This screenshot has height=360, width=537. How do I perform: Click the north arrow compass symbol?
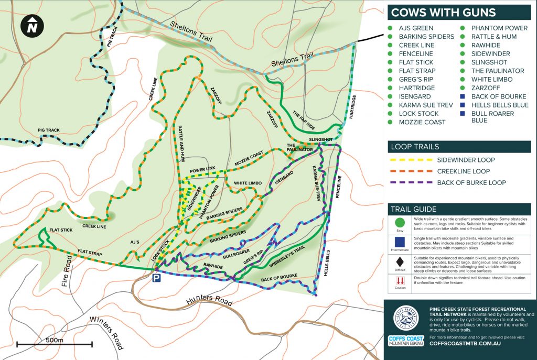pyautogui.click(x=33, y=26)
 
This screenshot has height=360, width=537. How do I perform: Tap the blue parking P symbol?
pyautogui.click(x=156, y=278)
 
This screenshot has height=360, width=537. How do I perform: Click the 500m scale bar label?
pyautogui.click(x=54, y=340)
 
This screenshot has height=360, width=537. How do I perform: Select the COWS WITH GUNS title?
pyautogui.click(x=443, y=13)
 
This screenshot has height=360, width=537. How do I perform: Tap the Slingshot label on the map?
pyautogui.click(x=320, y=139)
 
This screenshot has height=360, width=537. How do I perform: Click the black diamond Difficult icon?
pyautogui.click(x=400, y=261)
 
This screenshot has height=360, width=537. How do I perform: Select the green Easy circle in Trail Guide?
pyautogui.click(x=400, y=221)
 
